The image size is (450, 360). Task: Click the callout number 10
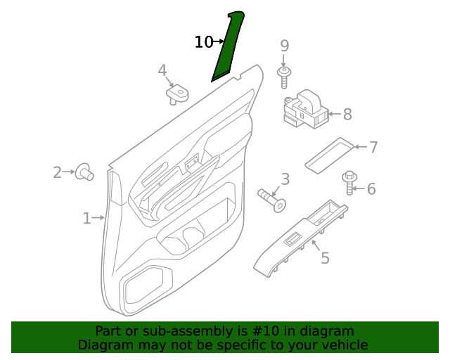[203, 42]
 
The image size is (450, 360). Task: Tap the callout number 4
[162, 70]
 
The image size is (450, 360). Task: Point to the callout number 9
[285, 46]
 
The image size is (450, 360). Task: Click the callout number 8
[347, 114]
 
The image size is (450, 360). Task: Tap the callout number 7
[373, 147]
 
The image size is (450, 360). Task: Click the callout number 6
[371, 188]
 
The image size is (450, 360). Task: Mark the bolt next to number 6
[349, 182]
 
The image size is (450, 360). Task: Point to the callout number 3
[285, 179]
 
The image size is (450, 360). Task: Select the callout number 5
[325, 258]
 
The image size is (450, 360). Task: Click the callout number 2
[58, 172]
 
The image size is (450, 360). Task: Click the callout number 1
[86, 219]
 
